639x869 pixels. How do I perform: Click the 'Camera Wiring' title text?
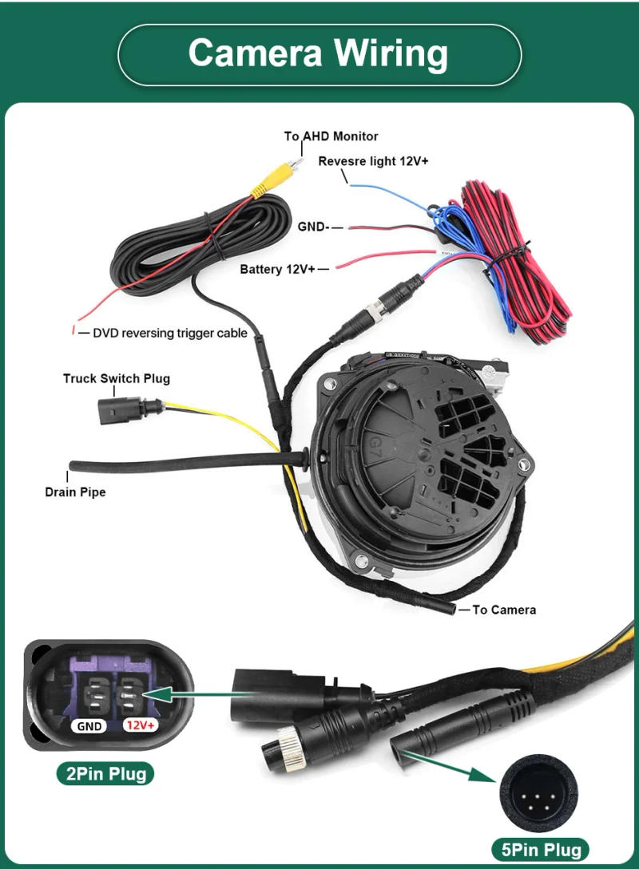click(x=319, y=53)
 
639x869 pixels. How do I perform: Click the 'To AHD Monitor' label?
click(x=331, y=136)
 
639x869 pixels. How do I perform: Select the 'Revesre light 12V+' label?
click(x=373, y=161)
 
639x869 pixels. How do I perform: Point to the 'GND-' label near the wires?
click(x=313, y=227)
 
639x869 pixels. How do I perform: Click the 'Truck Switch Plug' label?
click(x=117, y=378)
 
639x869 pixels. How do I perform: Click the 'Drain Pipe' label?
click(x=75, y=492)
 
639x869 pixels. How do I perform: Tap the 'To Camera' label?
click(x=504, y=610)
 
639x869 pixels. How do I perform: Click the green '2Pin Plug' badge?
click(x=105, y=772)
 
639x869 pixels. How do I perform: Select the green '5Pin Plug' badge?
click(x=542, y=848)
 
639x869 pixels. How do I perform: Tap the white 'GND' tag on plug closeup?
click(x=89, y=725)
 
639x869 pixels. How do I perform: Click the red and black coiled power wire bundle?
click(x=519, y=263)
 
